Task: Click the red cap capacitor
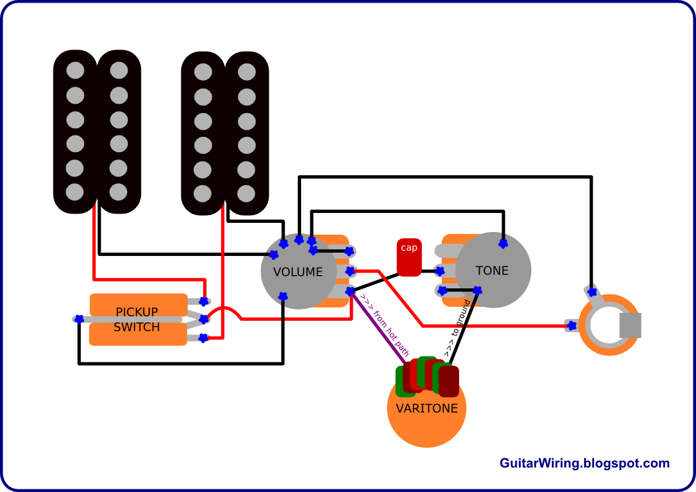click(x=409, y=257)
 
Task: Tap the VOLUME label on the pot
click(x=298, y=272)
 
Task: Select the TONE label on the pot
click(x=492, y=270)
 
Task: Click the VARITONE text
click(x=427, y=408)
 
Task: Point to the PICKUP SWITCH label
click(x=137, y=319)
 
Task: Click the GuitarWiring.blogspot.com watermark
click(x=584, y=464)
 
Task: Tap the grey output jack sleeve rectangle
click(x=631, y=325)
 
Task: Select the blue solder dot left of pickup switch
click(x=79, y=319)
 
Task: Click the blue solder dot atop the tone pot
click(x=503, y=244)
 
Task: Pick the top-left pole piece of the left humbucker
click(x=75, y=70)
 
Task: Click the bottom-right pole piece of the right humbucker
click(x=246, y=194)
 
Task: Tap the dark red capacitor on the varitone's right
click(x=449, y=381)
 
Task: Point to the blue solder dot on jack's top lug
click(x=592, y=292)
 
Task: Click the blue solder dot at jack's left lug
click(x=571, y=325)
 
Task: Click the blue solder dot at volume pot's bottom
click(x=283, y=296)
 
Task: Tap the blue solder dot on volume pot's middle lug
click(x=350, y=270)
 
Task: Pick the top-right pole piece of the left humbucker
click(x=119, y=70)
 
